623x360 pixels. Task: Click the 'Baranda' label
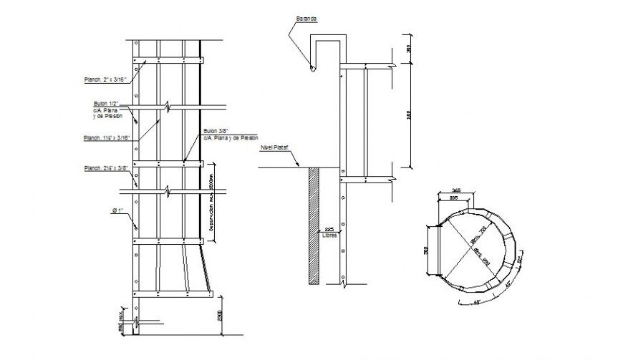pos(305,19)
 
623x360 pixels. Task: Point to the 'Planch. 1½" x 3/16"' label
pos(105,138)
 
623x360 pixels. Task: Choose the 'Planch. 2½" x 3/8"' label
pos(105,168)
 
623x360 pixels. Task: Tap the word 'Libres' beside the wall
pos(328,234)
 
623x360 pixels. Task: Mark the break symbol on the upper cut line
pos(167,107)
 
